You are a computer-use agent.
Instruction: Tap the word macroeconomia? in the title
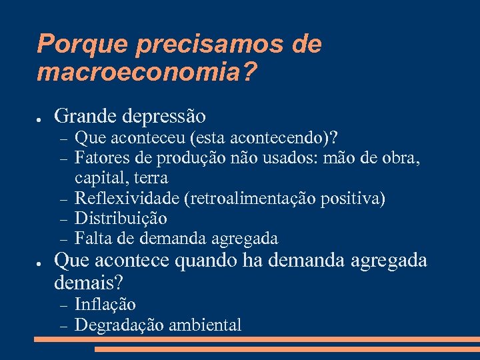pyautogui.click(x=147, y=73)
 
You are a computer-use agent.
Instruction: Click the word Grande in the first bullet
pyautogui.click(x=86, y=117)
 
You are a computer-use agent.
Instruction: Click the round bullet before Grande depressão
pyautogui.click(x=40, y=118)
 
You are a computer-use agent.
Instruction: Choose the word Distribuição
pyautogui.click(x=121, y=218)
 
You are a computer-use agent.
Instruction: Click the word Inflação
pyautogui.click(x=105, y=305)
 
